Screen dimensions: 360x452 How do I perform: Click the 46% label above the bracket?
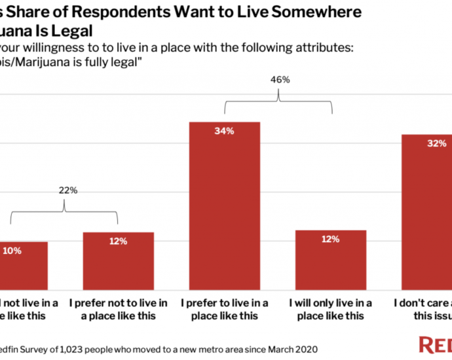[280, 79]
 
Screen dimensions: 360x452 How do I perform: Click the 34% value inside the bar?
[224, 131]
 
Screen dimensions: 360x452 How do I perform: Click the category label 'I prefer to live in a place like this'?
[224, 309]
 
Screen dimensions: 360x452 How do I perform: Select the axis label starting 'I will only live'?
[331, 309]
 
